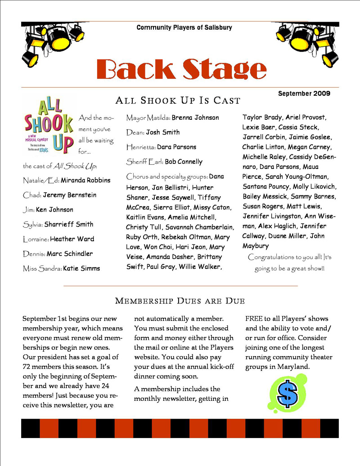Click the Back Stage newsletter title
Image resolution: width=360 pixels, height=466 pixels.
tap(181, 68)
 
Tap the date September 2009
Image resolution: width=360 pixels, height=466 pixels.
tap(304, 94)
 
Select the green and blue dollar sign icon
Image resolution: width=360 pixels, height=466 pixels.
tap(288, 393)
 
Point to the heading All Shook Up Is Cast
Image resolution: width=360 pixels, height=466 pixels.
tap(178, 100)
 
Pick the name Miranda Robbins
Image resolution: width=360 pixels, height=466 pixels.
tap(85, 180)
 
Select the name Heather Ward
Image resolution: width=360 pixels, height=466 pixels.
tap(72, 239)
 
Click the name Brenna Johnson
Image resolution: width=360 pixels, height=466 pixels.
tap(195, 118)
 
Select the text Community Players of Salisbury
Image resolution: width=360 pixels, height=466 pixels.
tap(184, 27)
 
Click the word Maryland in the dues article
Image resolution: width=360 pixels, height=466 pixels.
tap(292, 367)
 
